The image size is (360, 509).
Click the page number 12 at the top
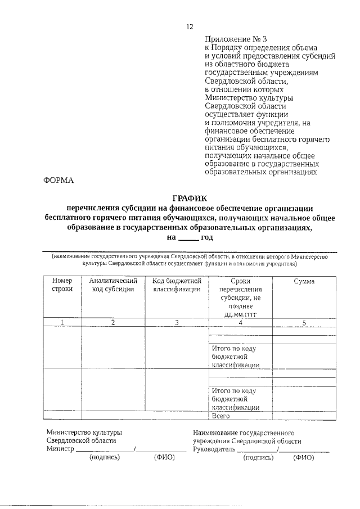pos(190,26)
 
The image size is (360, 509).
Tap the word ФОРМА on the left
pos(58,180)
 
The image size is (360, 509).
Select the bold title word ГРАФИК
pos(189,198)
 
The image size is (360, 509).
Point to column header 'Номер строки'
pos(62,285)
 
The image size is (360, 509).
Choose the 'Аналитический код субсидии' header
pos(113,285)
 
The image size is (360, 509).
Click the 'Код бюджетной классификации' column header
pos(177,285)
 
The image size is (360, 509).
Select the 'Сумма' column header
pos(304,281)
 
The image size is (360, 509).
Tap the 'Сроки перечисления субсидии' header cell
pos(240,297)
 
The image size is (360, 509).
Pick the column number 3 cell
pos(177,322)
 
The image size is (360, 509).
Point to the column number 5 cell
pos(304,322)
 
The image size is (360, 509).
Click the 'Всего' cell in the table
pos(222,416)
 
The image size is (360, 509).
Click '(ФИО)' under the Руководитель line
pos(303,458)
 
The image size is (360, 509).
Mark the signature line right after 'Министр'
pos(105,451)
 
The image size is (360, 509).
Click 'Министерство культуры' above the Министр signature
pos(84,433)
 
